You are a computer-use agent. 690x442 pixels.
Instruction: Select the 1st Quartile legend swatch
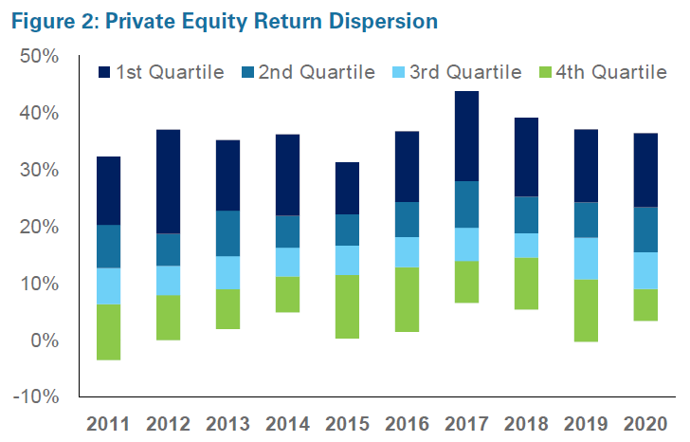coord(103,73)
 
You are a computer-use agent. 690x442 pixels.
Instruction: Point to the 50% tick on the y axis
coord(40,57)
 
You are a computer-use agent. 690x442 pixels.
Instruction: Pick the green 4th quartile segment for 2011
coord(109,332)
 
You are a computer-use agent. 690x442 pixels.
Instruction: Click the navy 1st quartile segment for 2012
coord(168,181)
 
